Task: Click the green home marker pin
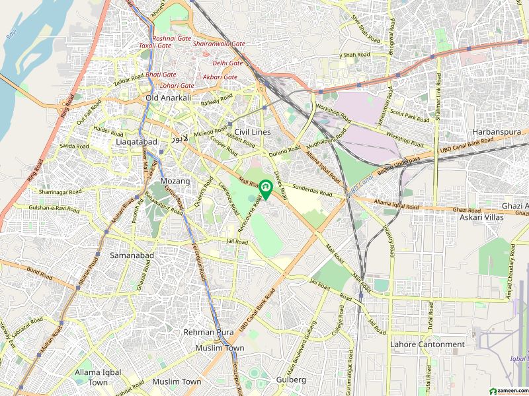pyautogui.click(x=265, y=189)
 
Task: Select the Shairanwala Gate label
pyautogui.click(x=219, y=44)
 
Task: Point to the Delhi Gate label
pyautogui.click(x=227, y=63)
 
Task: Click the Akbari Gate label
pyautogui.click(x=220, y=77)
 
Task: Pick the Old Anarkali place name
pyautogui.click(x=168, y=98)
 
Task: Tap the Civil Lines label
pyautogui.click(x=253, y=132)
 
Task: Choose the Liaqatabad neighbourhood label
pyautogui.click(x=136, y=142)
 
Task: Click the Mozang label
pyautogui.click(x=175, y=180)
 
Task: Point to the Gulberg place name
pyautogui.click(x=290, y=379)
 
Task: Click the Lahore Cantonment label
pyautogui.click(x=427, y=345)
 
